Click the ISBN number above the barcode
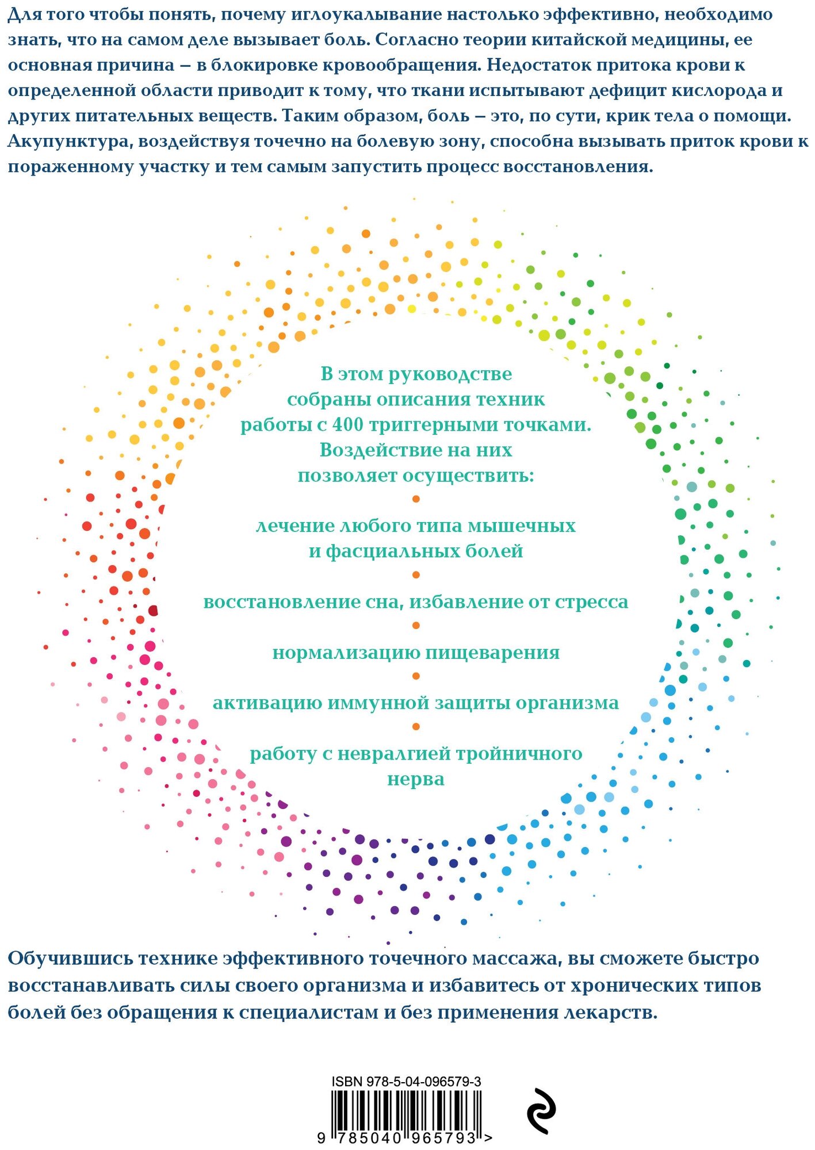pos(406,1081)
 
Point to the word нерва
pos(415,780)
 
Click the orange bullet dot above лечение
pos(416,499)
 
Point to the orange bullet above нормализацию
pos(416,626)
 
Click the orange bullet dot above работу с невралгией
pos(416,727)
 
